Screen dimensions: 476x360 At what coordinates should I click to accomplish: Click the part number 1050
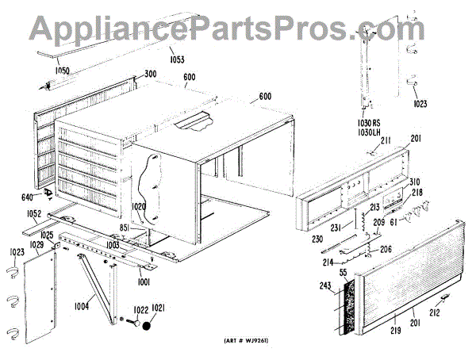(62, 71)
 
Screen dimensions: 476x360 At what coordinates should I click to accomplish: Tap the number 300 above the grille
(150, 74)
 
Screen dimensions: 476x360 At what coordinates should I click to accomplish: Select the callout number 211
(386, 141)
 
